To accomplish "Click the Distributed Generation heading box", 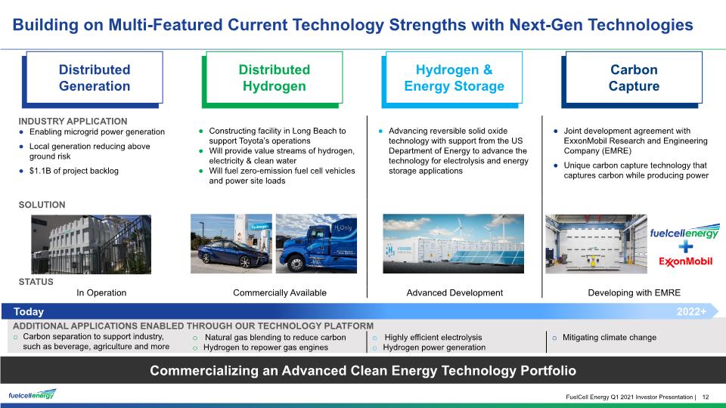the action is click(x=92, y=79).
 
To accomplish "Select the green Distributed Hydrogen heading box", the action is click(x=273, y=79).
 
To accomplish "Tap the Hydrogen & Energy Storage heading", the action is click(x=454, y=78).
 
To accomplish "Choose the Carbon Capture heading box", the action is click(x=632, y=79).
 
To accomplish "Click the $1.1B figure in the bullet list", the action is click(x=40, y=172).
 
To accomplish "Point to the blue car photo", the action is click(x=231, y=244).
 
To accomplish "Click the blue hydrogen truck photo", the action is click(x=316, y=244).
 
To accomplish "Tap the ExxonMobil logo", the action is click(x=686, y=262).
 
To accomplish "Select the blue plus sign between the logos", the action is click(x=686, y=246).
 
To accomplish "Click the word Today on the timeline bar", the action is click(x=29, y=312).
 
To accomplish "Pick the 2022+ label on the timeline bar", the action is click(x=691, y=312).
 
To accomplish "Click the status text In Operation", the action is click(x=101, y=293).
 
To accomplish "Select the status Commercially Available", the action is click(x=280, y=293).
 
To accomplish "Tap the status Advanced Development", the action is click(x=455, y=293).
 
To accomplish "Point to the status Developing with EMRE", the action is click(x=634, y=293).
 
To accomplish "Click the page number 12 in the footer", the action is click(x=706, y=397).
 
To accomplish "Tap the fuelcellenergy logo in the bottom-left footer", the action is click(x=32, y=394).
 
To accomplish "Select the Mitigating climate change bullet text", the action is click(x=610, y=338).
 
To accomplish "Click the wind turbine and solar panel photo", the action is click(x=453, y=244).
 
